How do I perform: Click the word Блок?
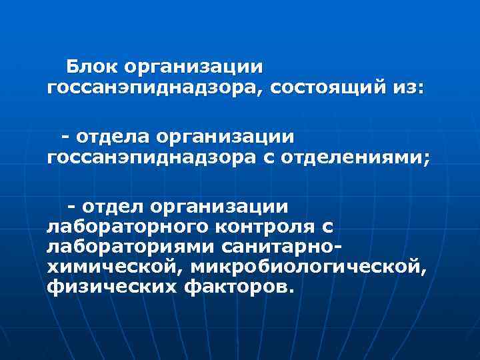click(91, 67)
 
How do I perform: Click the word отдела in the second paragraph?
click(111, 137)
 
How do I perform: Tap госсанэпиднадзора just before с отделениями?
click(151, 157)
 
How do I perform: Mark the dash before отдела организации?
click(67, 137)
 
